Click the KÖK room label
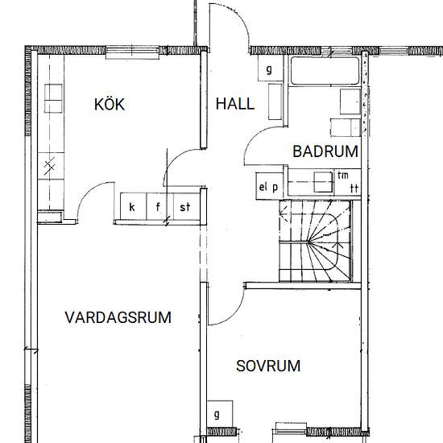pyautogui.click(x=110, y=104)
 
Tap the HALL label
pyautogui.click(x=234, y=104)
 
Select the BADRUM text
pyautogui.click(x=325, y=151)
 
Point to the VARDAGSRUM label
pyautogui.click(x=118, y=317)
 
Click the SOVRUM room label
pyautogui.click(x=268, y=366)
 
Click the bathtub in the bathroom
pyautogui.click(x=325, y=71)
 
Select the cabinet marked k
pyautogui.click(x=134, y=206)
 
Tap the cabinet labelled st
pyautogui.click(x=187, y=206)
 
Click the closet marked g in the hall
pyautogui.click(x=271, y=68)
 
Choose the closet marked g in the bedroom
pyautogui.click(x=220, y=414)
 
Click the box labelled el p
pyautogui.click(x=269, y=187)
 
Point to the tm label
pyautogui.click(x=343, y=176)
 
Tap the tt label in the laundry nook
pyautogui.click(x=354, y=188)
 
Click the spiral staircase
pyautogui.click(x=315, y=241)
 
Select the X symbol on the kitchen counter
pyautogui.click(x=49, y=167)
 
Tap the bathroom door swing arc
pyautogui.click(x=255, y=135)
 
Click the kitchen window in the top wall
pyautogui.click(x=133, y=52)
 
